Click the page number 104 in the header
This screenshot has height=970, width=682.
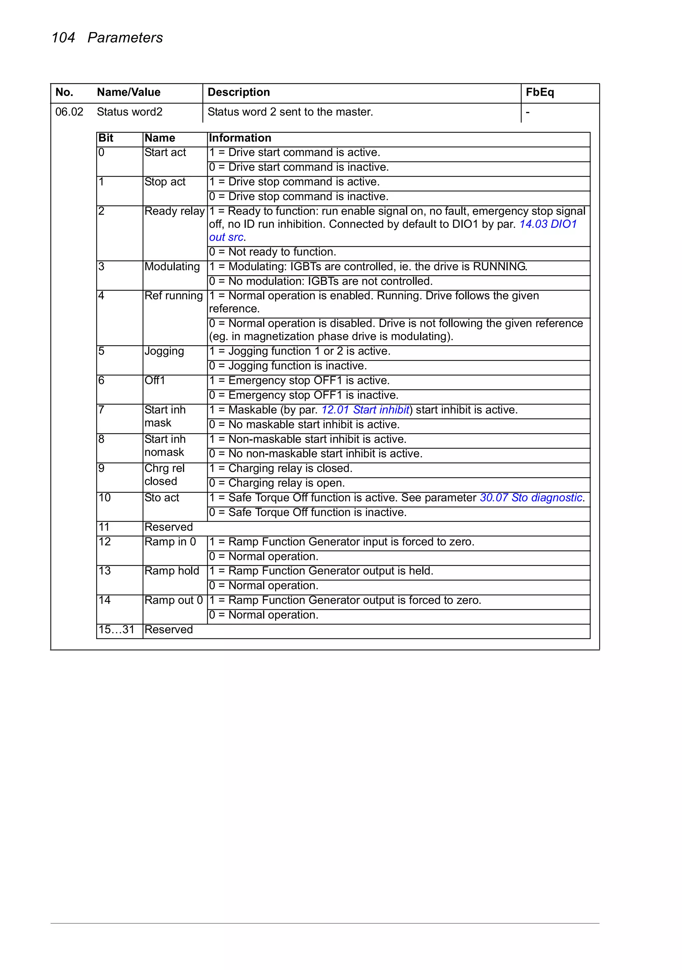pyautogui.click(x=63, y=38)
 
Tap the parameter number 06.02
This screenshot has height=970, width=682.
pyautogui.click(x=69, y=112)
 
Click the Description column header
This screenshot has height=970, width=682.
pyautogui.click(x=238, y=92)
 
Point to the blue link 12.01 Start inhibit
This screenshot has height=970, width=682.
pyautogui.click(x=365, y=410)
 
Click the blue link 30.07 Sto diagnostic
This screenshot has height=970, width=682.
pyautogui.click(x=531, y=498)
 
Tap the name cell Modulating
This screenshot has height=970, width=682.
pyautogui.click(x=172, y=267)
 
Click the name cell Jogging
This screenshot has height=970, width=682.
pyautogui.click(x=164, y=351)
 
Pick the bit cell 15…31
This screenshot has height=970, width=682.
pyautogui.click(x=116, y=629)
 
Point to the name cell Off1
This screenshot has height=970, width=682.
pyautogui.click(x=155, y=381)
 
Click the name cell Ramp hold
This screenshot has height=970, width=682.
pyautogui.click(x=171, y=571)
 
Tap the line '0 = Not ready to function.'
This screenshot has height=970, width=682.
pyautogui.click(x=273, y=252)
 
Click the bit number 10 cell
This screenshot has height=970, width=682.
pyautogui.click(x=104, y=498)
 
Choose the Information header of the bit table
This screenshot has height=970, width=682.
pyautogui.click(x=240, y=138)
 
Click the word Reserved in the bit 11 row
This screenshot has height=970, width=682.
pyautogui.click(x=169, y=527)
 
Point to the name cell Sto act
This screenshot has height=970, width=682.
pyautogui.click(x=162, y=498)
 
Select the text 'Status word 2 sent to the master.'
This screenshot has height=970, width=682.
pyautogui.click(x=290, y=112)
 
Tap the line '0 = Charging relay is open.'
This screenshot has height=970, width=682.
pyautogui.click(x=277, y=483)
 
